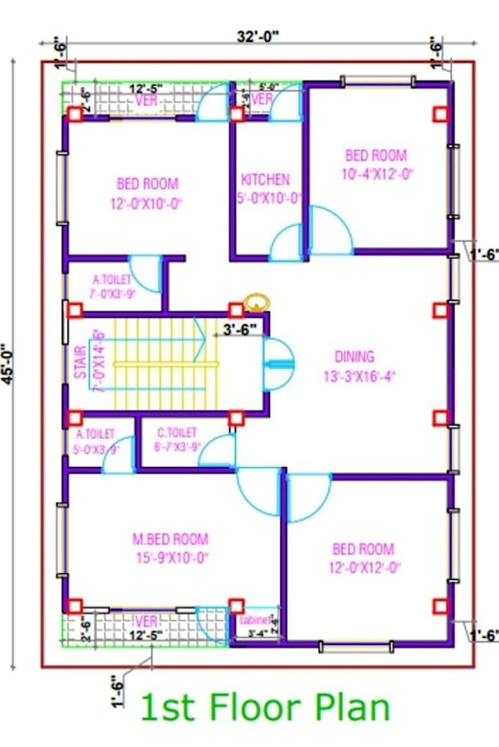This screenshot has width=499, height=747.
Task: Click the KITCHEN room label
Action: click(x=265, y=180)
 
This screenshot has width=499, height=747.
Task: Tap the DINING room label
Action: click(x=354, y=357)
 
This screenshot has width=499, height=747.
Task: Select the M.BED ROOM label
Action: click(x=170, y=540)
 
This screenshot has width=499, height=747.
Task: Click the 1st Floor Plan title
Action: click(x=263, y=708)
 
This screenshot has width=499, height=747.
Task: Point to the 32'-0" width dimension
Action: click(x=258, y=34)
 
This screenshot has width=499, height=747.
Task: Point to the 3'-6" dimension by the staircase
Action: click(x=240, y=330)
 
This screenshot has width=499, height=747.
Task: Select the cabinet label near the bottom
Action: click(x=255, y=620)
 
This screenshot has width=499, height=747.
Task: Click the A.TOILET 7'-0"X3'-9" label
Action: click(x=112, y=287)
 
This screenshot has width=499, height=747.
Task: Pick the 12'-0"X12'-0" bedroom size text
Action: click(x=363, y=568)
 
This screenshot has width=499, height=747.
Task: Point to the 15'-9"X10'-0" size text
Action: click(x=170, y=558)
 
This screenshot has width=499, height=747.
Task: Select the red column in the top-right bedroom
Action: click(x=440, y=114)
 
